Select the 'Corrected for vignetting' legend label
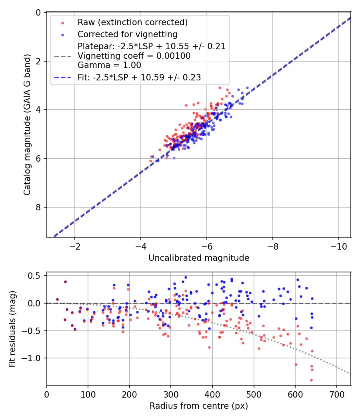click(x=127, y=34)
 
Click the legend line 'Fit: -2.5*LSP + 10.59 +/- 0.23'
click(x=139, y=78)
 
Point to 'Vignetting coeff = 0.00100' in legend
click(x=134, y=56)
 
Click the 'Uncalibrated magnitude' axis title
click(x=199, y=258)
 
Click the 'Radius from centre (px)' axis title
click(x=199, y=406)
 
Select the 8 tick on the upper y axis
click(x=38, y=207)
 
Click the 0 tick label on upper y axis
click(x=38, y=13)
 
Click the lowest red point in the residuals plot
click(x=311, y=380)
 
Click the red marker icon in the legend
click(x=62, y=22)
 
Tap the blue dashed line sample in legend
click(x=62, y=78)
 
